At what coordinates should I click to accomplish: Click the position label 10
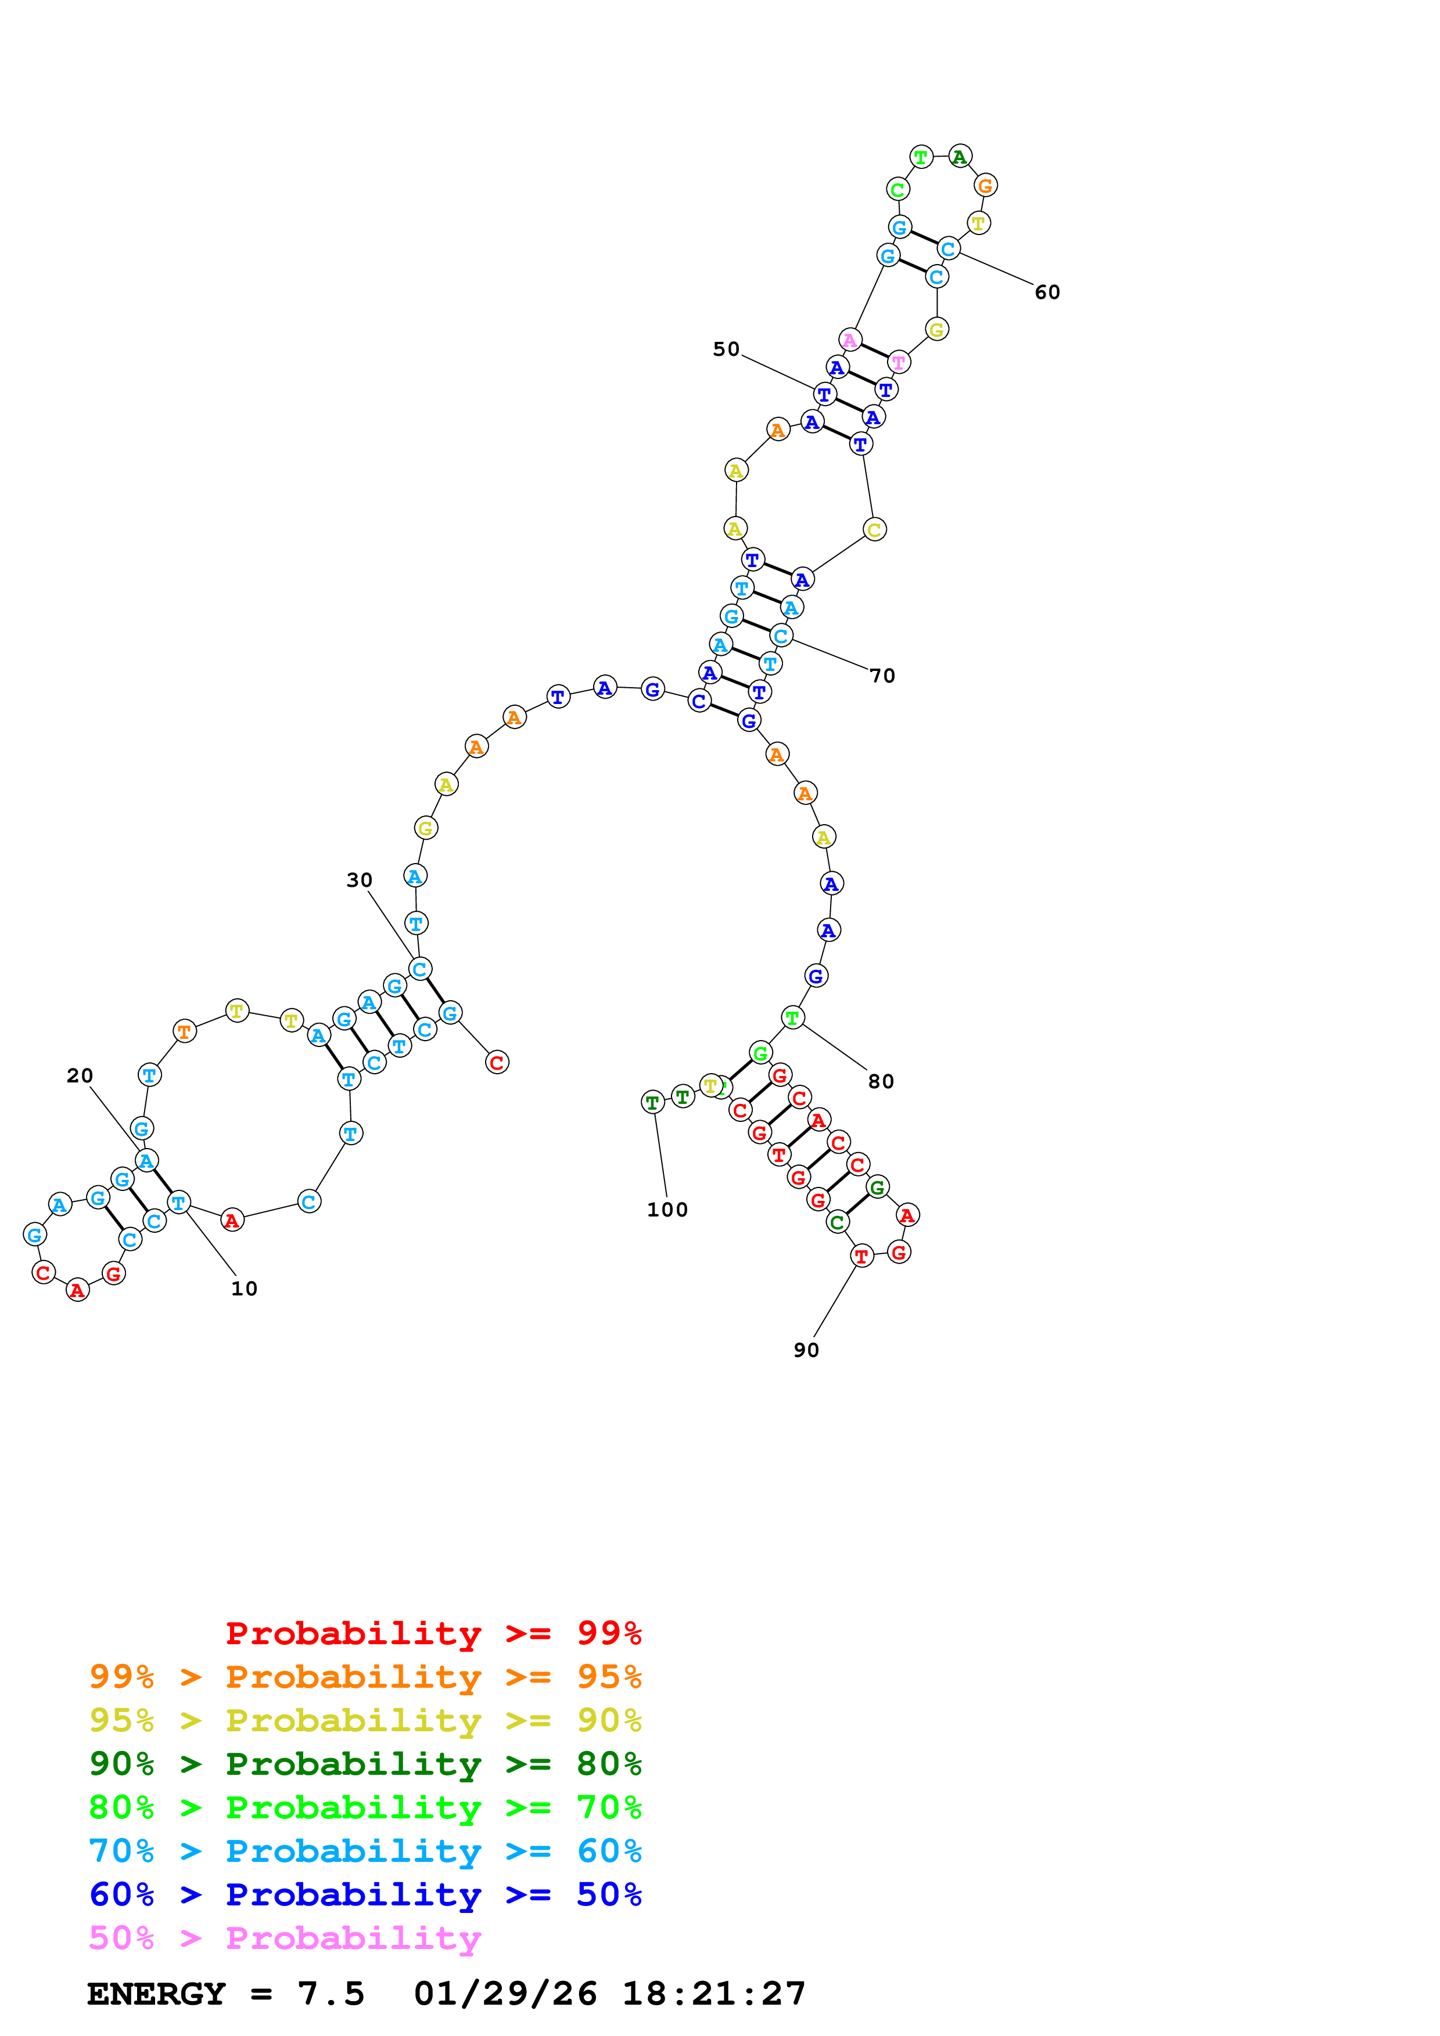pyautogui.click(x=244, y=1288)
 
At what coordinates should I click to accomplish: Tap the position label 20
pyautogui.click(x=80, y=1075)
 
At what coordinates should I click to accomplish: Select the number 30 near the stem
pyautogui.click(x=360, y=880)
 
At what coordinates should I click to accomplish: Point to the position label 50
pyautogui.click(x=726, y=349)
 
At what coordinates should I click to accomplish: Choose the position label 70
pyautogui.click(x=882, y=676)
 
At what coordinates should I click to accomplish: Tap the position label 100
pyautogui.click(x=667, y=1210)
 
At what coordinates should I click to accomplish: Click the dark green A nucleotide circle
pyautogui.click(x=959, y=157)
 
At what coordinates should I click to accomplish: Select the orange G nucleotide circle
pyautogui.click(x=985, y=185)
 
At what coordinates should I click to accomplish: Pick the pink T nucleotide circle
pyautogui.click(x=899, y=362)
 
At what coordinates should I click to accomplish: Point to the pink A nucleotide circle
pyautogui.click(x=850, y=340)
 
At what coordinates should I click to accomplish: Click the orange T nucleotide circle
pyautogui.click(x=184, y=1031)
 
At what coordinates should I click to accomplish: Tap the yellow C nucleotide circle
pyautogui.click(x=874, y=529)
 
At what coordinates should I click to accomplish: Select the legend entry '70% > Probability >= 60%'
pyautogui.click(x=365, y=1851)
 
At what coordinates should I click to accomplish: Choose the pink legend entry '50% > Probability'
pyautogui.click(x=285, y=1938)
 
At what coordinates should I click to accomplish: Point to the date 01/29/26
pyautogui.click(x=505, y=1994)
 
